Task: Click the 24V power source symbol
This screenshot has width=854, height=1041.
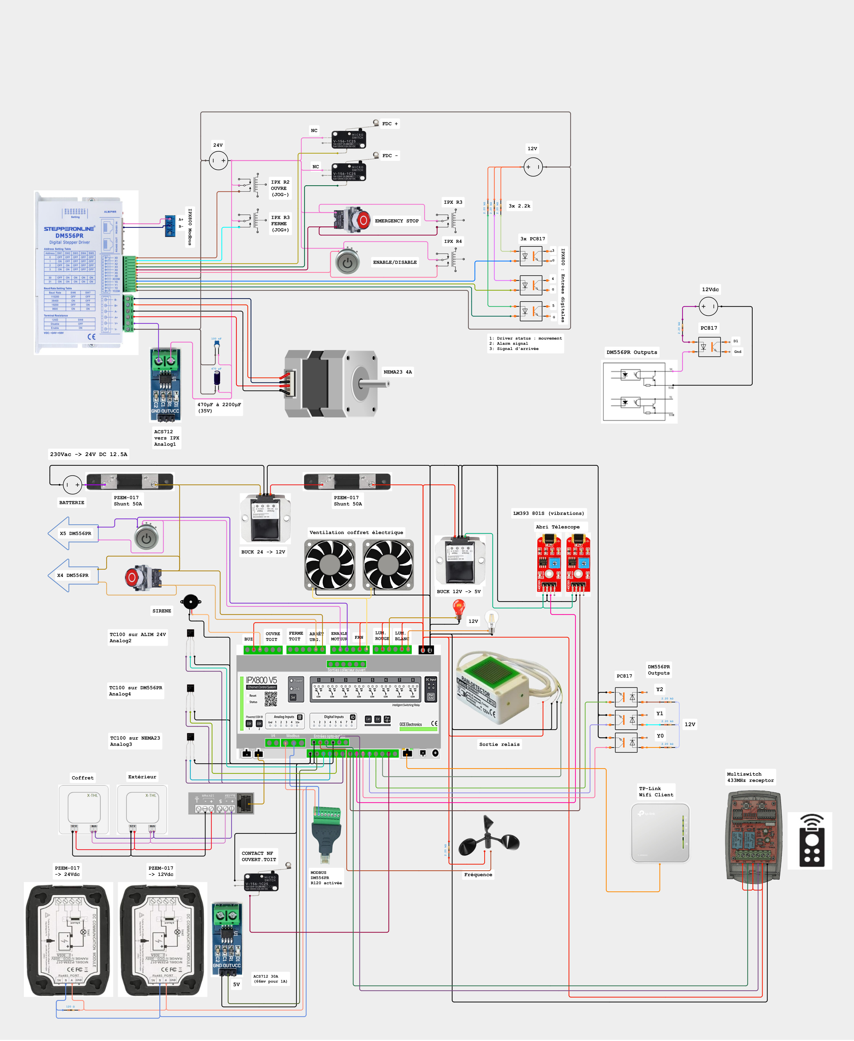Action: pyautogui.click(x=218, y=160)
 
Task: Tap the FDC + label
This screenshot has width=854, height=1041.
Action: pyautogui.click(x=390, y=124)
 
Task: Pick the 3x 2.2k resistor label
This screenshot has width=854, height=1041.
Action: pyautogui.click(x=520, y=206)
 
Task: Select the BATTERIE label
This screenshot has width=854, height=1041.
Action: pyautogui.click(x=72, y=502)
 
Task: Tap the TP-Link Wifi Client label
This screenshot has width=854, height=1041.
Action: pyautogui.click(x=656, y=791)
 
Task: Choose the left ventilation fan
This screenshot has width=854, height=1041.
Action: pyautogui.click(x=330, y=564)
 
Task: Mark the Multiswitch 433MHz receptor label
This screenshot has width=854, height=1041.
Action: pyautogui.click(x=750, y=777)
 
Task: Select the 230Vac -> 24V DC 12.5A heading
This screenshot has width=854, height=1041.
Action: pyautogui.click(x=89, y=454)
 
